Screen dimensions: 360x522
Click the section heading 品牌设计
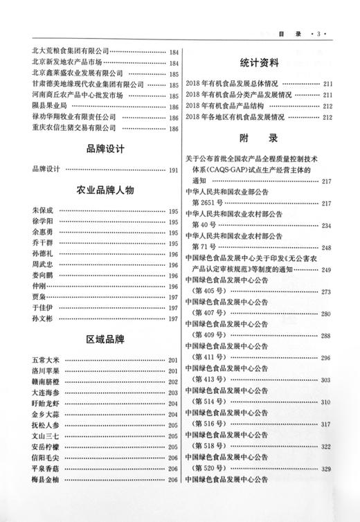click(x=105, y=147)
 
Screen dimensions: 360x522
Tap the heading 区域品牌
click(x=105, y=340)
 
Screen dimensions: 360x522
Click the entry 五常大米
click(x=46, y=361)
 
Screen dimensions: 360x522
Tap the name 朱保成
click(x=42, y=210)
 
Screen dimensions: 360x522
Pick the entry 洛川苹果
click(x=46, y=371)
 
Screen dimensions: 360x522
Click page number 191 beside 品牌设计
click(x=173, y=170)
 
